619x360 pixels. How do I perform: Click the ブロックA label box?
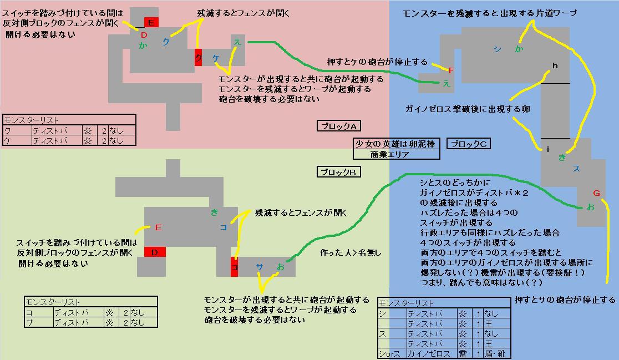pyautogui.click(x=338, y=126)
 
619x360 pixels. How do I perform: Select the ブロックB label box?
pyautogui.click(x=338, y=172)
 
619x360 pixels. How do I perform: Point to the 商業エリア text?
pyautogui.click(x=390, y=155)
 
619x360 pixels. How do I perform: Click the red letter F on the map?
pyautogui.click(x=451, y=70)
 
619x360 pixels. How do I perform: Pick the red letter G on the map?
pyautogui.click(x=596, y=193)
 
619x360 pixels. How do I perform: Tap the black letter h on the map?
pyautogui.click(x=554, y=66)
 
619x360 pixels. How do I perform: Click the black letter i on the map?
pyautogui.click(x=547, y=149)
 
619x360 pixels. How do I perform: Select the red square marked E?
pyautogui.click(x=151, y=23)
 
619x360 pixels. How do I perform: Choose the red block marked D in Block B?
pyautogui.click(x=155, y=252)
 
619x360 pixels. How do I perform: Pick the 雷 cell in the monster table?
pyautogui.click(x=462, y=353)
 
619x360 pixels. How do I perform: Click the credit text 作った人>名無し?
pyautogui.click(x=351, y=253)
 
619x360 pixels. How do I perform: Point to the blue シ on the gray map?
pyautogui.click(x=496, y=49)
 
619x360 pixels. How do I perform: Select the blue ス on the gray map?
pyautogui.click(x=576, y=168)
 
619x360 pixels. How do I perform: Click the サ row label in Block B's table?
pyautogui.click(x=28, y=322)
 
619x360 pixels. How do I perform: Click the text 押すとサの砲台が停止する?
pyautogui.click(x=565, y=300)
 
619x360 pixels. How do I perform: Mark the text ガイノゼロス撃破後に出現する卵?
pyautogui.click(x=468, y=109)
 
